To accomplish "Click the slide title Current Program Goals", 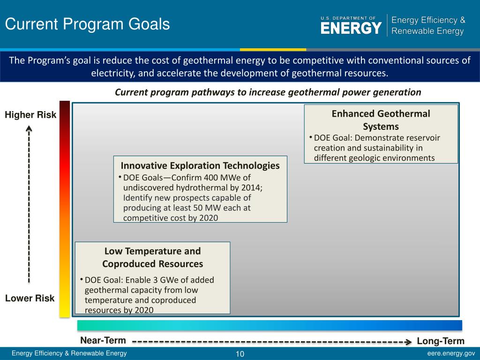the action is coord(87,24).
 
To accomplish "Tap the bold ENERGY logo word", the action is coord(351,28).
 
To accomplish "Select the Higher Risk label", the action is coord(30,115).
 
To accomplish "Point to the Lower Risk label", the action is coord(30,298).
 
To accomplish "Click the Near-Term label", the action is coord(103,340).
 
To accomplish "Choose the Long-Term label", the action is coord(441,341).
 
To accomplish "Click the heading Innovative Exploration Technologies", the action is coord(200,165).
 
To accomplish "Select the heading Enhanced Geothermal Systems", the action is coord(381,120).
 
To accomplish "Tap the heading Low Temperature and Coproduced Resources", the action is coord(152,257).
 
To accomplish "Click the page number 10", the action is coord(240,354).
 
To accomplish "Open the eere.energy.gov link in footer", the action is coord(451,353).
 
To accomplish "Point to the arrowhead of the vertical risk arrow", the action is coord(29,128).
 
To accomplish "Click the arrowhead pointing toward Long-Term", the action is coord(408,342).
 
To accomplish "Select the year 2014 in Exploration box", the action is coord(251,187).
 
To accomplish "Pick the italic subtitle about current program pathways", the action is coord(268,92).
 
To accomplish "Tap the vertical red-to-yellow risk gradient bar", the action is coord(65,209).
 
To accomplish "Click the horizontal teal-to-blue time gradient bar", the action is coord(270,325).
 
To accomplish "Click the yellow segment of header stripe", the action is coord(273,50).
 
